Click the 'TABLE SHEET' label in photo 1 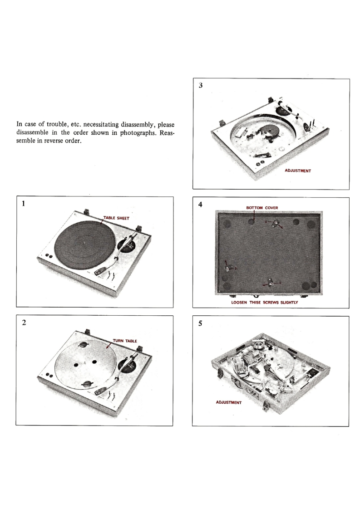[x=116, y=218]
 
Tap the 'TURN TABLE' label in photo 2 [x=125, y=341]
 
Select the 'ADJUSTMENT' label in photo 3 [x=298, y=171]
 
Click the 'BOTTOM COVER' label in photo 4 [x=262, y=208]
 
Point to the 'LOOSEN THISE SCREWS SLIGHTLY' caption [x=265, y=302]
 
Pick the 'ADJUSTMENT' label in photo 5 [x=229, y=402]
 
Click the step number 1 [x=23, y=204]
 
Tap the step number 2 [x=24, y=323]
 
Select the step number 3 [x=201, y=85]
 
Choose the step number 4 [x=200, y=205]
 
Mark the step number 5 [x=200, y=323]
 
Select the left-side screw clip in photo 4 [x=228, y=267]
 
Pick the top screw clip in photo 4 [x=276, y=223]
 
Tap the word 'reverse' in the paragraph [x=52, y=141]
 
